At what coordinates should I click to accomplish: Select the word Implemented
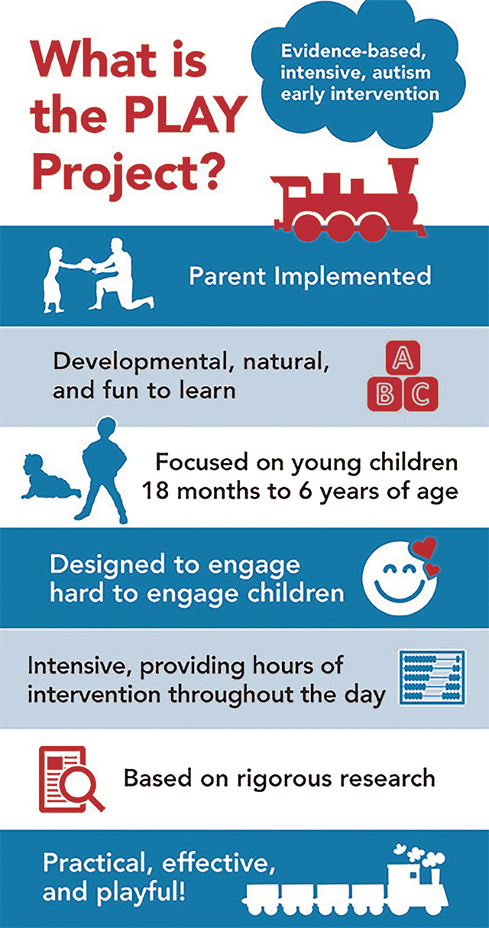tap(352, 277)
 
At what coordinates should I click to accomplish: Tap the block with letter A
tap(403, 358)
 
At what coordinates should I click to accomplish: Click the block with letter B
tap(384, 394)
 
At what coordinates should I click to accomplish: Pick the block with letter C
tap(421, 394)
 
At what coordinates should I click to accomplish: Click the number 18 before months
tap(155, 492)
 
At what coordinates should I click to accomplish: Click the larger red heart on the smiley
tap(425, 547)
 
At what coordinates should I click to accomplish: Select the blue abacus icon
tap(432, 677)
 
